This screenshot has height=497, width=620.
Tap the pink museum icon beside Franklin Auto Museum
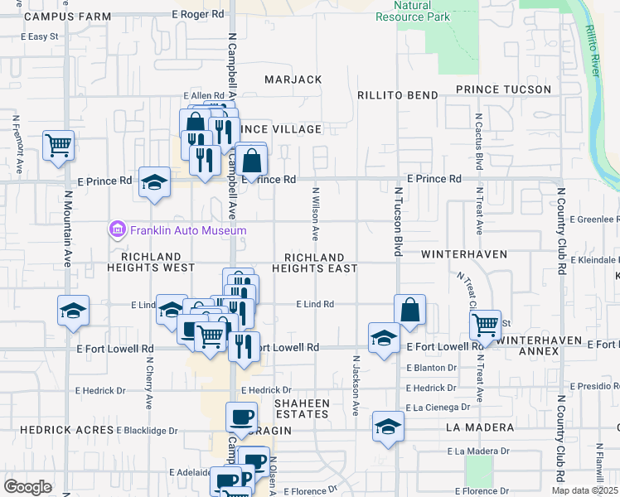pos(117,229)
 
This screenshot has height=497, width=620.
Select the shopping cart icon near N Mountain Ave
pos(59,146)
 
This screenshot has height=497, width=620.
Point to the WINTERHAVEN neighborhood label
pos(463,253)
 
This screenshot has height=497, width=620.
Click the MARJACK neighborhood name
pos(293,80)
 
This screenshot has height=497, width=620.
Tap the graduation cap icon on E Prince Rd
pos(154,184)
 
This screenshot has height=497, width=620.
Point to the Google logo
pos(27,487)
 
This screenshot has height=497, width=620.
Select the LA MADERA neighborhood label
pos(479,427)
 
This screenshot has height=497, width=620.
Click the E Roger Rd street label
pos(198,14)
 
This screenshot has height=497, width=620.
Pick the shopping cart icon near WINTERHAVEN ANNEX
pos(485,325)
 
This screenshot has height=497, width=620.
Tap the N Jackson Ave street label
pos(356,385)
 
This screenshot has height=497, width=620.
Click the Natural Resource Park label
pos(412,11)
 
